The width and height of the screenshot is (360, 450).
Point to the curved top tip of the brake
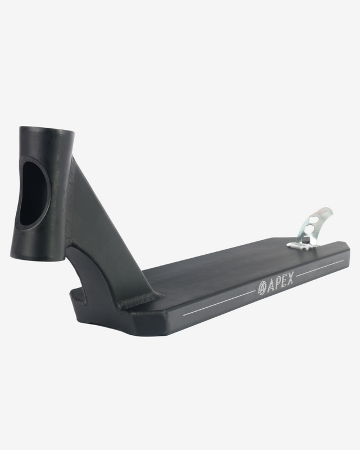click(328, 209)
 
